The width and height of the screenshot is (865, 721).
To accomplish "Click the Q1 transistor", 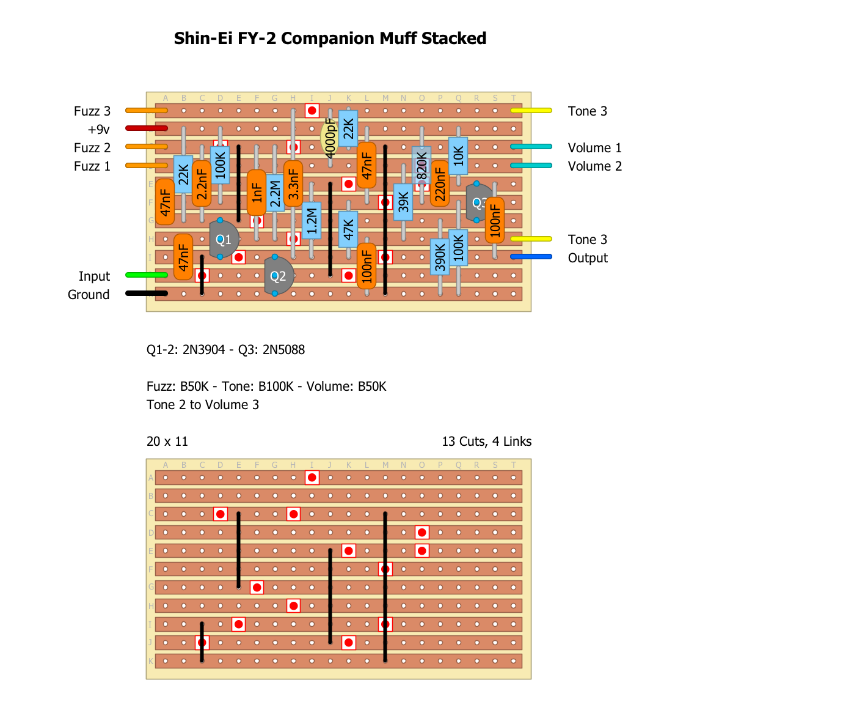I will (224, 239).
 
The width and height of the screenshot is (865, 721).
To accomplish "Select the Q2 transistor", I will (279, 276).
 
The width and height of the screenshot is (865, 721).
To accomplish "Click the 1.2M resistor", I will (312, 220).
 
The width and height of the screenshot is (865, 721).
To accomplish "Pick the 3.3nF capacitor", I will (293, 183).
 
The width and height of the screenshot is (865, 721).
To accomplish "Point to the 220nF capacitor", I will (440, 183).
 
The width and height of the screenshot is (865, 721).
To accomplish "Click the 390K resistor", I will (440, 257).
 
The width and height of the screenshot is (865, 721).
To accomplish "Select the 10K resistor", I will (458, 155).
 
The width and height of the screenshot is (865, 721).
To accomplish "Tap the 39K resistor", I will (403, 202).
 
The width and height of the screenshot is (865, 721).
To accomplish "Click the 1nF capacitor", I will (257, 193).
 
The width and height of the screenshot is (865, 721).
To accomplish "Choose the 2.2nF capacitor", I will (202, 183).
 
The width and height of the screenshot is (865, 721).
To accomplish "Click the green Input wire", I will (147, 275).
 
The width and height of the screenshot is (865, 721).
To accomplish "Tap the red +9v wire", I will (147, 128).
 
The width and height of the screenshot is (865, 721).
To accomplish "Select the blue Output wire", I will (531, 257).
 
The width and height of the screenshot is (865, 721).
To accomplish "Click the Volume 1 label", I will (594, 148).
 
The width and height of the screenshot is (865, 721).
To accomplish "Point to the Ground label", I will (89, 295).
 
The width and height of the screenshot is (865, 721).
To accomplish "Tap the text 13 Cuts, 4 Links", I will (486, 442).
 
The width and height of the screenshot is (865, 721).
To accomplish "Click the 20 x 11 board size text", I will (167, 442).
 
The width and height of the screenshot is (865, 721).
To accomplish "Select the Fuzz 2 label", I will (92, 148).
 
